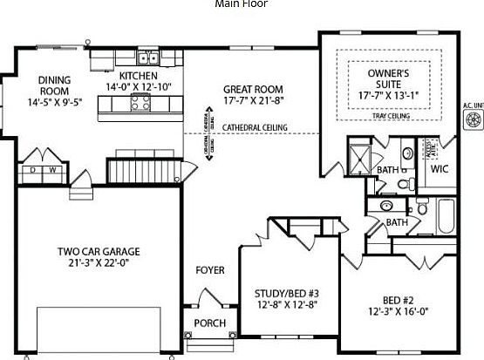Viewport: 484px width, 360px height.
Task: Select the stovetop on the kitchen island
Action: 140,104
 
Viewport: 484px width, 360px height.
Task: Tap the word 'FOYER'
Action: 209,269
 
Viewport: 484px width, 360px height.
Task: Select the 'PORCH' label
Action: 209,323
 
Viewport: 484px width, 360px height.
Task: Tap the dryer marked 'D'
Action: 33,170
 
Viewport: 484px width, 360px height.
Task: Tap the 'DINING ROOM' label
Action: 54,85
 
